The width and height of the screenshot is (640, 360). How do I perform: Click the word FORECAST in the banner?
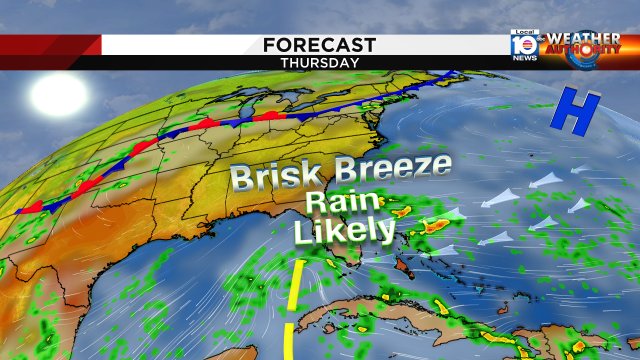pos(320,45)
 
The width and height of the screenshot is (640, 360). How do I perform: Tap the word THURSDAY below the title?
pos(320,62)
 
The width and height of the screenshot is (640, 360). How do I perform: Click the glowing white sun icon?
pos(57,94)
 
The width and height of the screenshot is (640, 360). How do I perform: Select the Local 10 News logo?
pos(524,46)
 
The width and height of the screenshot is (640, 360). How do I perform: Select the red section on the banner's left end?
pos(50,45)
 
